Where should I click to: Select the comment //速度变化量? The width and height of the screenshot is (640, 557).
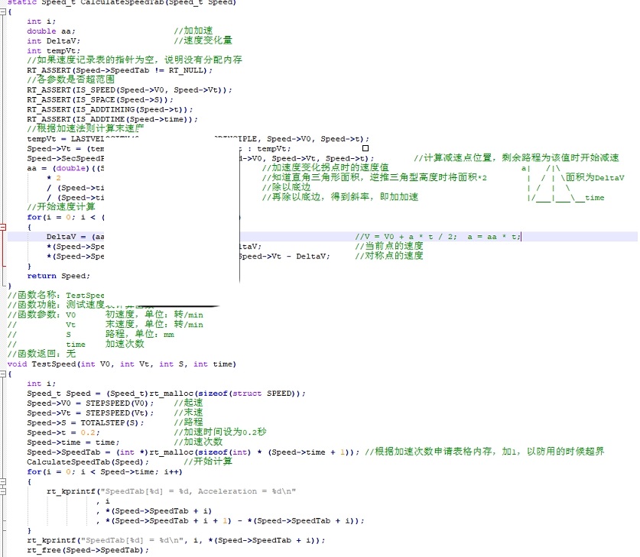203,41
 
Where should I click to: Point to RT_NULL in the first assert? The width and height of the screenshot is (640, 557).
184,70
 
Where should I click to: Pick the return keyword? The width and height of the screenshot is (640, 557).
41,276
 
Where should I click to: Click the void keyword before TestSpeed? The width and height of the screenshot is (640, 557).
17,364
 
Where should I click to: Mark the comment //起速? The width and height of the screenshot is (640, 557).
188,403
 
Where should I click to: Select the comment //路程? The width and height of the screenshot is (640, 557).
188,422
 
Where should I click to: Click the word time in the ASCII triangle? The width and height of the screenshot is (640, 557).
594,197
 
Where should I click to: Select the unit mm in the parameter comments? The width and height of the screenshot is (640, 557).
168,334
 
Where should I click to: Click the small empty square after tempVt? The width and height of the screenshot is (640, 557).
365,148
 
